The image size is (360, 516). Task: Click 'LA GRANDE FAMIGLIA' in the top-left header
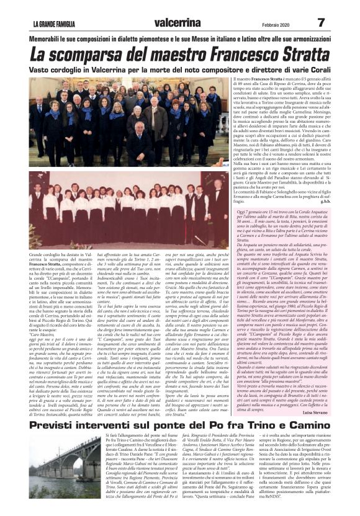tap(58, 24)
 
